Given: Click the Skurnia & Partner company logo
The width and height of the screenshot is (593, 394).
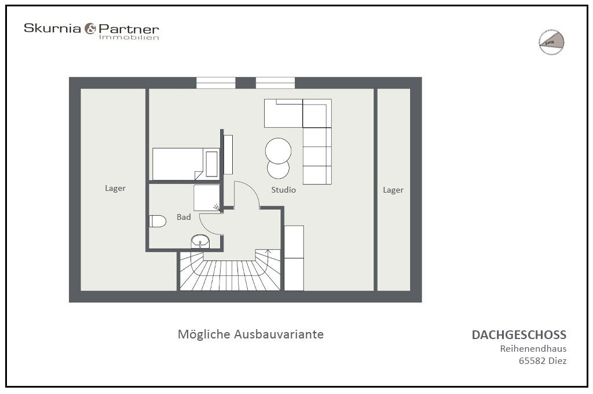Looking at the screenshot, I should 91,30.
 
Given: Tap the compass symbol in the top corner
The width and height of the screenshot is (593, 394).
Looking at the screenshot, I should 551,42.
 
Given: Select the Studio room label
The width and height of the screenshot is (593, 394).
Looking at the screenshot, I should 284,190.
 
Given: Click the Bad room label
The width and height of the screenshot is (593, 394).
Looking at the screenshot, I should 184,218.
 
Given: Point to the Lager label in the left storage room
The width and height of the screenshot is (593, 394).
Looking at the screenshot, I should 115,188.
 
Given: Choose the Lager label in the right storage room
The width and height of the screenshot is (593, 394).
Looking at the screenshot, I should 393,190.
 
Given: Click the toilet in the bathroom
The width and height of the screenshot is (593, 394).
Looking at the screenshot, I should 158,220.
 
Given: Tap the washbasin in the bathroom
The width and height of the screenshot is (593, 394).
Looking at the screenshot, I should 200,241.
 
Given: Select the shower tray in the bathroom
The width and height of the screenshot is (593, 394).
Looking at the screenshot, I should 207,198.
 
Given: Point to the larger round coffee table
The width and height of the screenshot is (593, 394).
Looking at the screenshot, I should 278,150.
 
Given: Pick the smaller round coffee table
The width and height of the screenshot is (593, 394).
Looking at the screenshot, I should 278,170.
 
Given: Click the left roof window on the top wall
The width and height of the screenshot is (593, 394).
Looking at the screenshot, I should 216,83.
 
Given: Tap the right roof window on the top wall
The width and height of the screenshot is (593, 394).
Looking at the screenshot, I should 275,83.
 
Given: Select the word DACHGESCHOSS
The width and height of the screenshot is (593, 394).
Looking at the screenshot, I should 519,335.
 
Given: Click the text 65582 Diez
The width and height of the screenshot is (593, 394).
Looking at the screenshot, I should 542,360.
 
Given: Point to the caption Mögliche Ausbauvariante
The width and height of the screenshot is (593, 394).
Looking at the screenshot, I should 250,334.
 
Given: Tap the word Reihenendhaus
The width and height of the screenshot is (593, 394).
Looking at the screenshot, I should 533,348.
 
